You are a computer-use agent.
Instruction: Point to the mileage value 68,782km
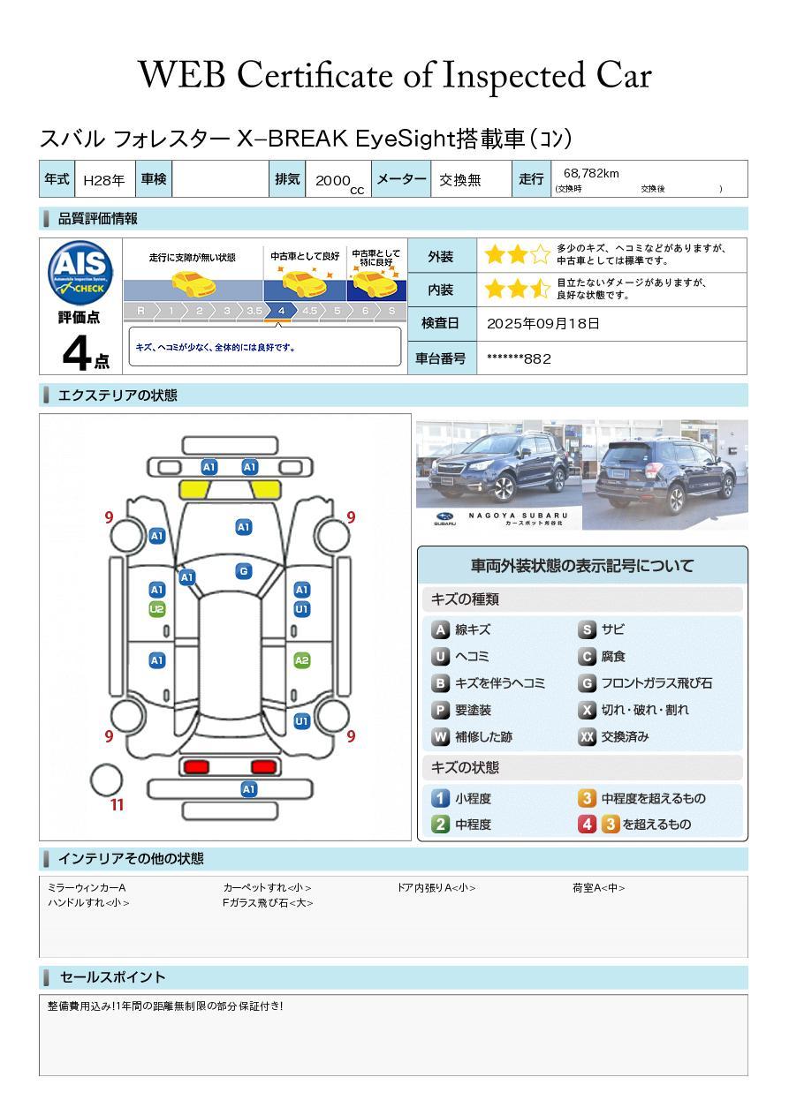590,174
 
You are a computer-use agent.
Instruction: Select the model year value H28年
103,180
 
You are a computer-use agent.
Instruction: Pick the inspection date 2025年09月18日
542,323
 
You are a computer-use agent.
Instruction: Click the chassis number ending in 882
519,358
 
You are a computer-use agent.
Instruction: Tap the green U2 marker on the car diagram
157,609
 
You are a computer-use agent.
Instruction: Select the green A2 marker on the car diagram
301,660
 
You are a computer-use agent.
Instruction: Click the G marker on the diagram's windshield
243,571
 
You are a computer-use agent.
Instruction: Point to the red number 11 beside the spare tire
117,805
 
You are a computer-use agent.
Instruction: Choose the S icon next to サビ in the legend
587,630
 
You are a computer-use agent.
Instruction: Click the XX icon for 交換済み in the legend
587,736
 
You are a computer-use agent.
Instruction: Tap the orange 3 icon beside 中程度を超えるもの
587,798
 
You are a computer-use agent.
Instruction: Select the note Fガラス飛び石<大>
268,903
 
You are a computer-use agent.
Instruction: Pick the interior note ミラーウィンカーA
87,888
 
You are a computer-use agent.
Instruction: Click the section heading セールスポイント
112,977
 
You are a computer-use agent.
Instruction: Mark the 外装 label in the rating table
440,257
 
